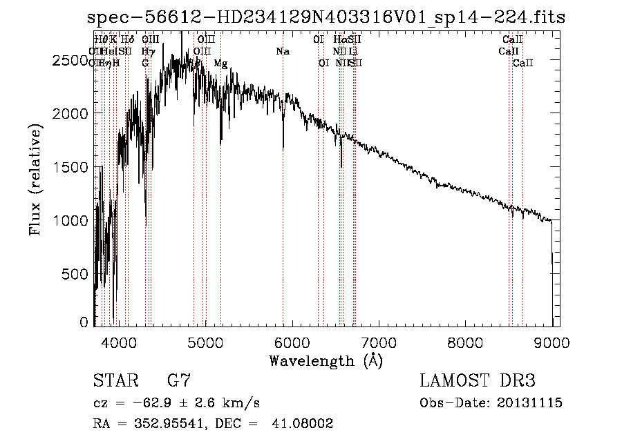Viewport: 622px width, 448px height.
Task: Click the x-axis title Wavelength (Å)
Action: coord(326,360)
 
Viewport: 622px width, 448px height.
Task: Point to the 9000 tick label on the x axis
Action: coord(552,342)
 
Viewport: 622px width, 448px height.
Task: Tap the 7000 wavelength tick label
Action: coord(378,342)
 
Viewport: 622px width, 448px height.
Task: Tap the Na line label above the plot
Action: coord(283,52)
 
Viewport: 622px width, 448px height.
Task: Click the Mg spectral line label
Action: coord(220,64)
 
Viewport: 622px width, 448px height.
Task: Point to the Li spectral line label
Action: coord(353,52)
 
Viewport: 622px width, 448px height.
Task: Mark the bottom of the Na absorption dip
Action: coord(283,148)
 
